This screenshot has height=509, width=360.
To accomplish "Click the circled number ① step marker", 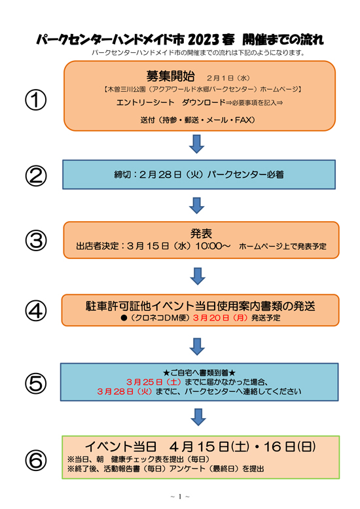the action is click(36, 100).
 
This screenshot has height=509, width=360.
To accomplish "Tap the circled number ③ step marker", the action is click(36, 241).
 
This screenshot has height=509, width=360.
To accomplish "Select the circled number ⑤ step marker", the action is click(36, 383).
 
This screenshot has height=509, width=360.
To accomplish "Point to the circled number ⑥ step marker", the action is click(36, 461).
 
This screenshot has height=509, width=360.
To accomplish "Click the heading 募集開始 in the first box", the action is click(170, 77).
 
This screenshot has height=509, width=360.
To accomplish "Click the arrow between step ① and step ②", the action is click(196, 144).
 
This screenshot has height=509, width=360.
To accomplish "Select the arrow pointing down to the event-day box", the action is click(198, 417).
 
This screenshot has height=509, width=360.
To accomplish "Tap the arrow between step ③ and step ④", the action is click(198, 276).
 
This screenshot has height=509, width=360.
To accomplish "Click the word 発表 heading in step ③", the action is click(201, 234).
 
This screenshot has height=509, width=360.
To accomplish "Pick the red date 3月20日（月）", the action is click(221, 318).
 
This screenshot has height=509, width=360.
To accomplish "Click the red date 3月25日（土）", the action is click(154, 382).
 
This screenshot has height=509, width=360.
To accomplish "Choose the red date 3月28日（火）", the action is click(125, 391).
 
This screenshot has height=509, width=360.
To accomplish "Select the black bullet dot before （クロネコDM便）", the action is click(124, 318).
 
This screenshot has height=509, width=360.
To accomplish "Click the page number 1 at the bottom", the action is click(180, 497).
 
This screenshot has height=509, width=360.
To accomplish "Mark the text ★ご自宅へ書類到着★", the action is click(199, 373).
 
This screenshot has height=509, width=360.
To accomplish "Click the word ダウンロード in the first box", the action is click(204, 103).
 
